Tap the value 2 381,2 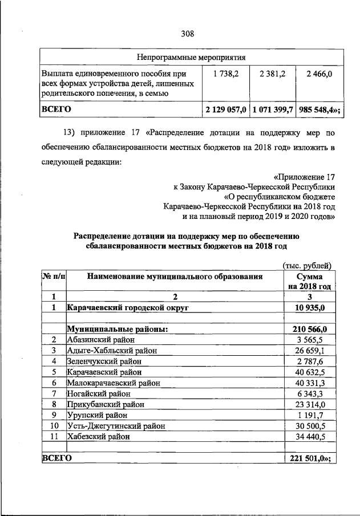pyautogui.click(x=272, y=74)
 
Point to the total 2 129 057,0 pyautogui.click(x=225, y=108)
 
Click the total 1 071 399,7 pyautogui.click(x=272, y=108)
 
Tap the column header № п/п pyautogui.click(x=54, y=277)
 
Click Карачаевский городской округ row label pyautogui.click(x=128, y=307)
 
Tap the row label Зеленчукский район pyautogui.click(x=104, y=361)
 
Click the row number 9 pyautogui.click(x=53, y=415)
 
